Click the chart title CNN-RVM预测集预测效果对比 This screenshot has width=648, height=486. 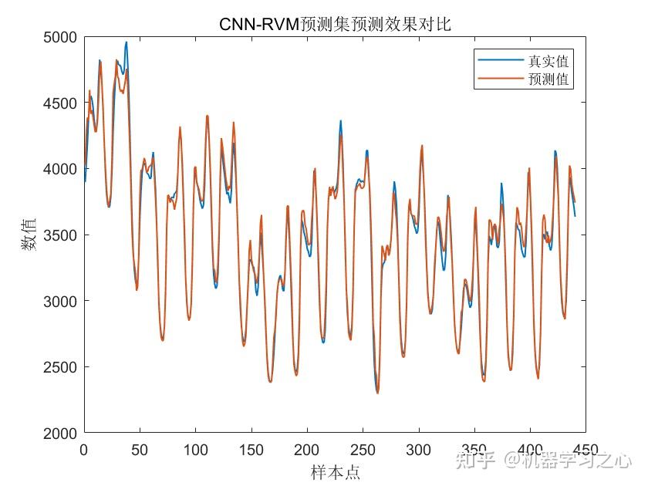(x=335, y=24)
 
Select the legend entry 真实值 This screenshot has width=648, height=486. (x=548, y=61)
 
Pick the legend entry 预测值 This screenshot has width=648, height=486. (x=548, y=79)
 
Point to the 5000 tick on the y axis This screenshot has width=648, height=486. (x=60, y=37)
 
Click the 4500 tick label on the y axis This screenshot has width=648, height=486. (x=60, y=103)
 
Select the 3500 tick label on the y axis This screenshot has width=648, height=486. (x=60, y=235)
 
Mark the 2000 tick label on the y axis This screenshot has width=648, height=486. (x=60, y=433)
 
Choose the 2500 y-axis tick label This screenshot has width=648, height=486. (x=60, y=367)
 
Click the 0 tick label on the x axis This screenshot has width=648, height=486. (x=84, y=448)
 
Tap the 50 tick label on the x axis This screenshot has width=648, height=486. (x=140, y=448)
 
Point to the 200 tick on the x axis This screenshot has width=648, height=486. (x=307, y=448)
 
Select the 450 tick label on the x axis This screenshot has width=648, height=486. (x=585, y=448)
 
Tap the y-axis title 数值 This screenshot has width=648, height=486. (x=28, y=235)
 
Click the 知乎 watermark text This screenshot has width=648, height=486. (x=474, y=461)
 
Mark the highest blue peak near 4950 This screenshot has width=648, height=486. (x=127, y=43)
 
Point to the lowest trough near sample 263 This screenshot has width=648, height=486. (x=377, y=393)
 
